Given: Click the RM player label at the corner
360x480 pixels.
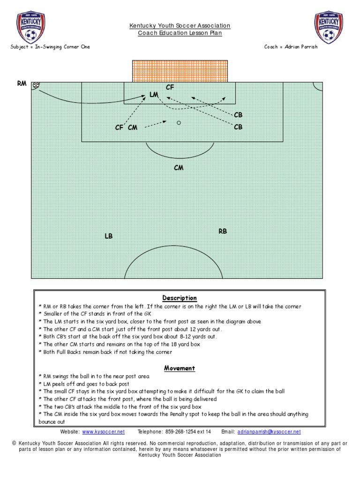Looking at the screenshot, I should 22,83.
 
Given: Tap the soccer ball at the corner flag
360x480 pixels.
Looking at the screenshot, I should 36,85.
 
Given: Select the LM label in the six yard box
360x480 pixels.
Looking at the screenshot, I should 154,95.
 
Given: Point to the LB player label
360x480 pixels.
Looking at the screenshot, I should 109,236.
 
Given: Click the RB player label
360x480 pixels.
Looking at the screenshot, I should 223,231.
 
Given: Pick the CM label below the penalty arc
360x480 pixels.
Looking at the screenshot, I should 179,168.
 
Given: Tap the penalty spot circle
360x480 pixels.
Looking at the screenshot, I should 179,123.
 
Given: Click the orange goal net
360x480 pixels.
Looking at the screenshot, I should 180,71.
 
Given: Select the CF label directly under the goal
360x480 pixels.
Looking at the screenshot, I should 170,87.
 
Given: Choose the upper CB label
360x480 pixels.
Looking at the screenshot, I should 238,115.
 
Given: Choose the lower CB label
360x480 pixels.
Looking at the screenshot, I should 238,127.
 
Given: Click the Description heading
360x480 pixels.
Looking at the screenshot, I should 180,298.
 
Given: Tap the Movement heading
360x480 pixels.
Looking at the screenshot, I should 180,368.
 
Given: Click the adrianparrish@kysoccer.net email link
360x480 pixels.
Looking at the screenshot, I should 269,431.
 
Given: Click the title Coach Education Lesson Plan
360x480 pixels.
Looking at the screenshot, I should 180,33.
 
